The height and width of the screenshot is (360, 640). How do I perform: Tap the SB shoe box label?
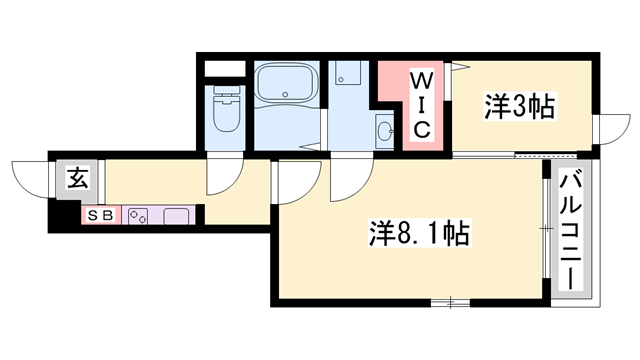tap(104, 215)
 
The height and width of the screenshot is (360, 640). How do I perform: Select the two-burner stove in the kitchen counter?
tap(138, 215)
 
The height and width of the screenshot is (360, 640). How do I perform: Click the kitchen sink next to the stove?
tap(177, 215)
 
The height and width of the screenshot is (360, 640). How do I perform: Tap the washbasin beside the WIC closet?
tap(385, 130)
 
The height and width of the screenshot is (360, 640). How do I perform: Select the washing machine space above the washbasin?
tap(349, 75)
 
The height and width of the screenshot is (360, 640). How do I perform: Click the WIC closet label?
tap(421, 103)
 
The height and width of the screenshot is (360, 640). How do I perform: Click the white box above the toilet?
tap(224, 70)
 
